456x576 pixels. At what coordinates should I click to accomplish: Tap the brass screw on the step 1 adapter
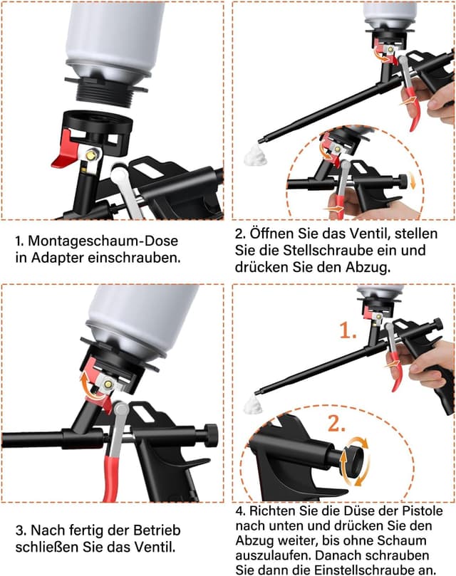click(x=92, y=154)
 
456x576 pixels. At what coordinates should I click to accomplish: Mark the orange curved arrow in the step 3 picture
click(x=88, y=384)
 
